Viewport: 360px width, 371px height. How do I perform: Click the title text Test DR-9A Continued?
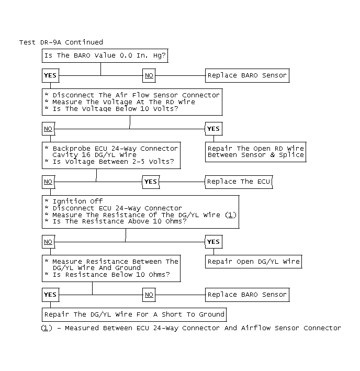pos(61,42)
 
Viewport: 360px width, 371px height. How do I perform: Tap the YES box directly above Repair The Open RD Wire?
pos(213,129)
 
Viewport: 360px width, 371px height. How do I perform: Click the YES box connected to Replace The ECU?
pos(150,182)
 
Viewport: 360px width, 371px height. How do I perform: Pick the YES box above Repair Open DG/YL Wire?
pos(213,242)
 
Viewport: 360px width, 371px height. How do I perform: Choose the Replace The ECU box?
pos(239,182)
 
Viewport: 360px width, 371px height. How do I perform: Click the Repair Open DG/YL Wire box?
pos(254,261)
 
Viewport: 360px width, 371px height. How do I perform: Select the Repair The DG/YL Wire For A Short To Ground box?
pos(134,314)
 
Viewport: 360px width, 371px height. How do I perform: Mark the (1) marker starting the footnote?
pos(47,328)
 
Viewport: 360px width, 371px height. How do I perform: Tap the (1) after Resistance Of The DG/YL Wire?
pos(231,215)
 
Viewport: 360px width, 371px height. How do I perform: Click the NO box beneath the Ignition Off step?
pos(48,242)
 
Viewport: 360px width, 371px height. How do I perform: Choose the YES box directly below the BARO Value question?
pos(50,75)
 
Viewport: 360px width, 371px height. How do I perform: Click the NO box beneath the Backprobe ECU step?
pos(48,182)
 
